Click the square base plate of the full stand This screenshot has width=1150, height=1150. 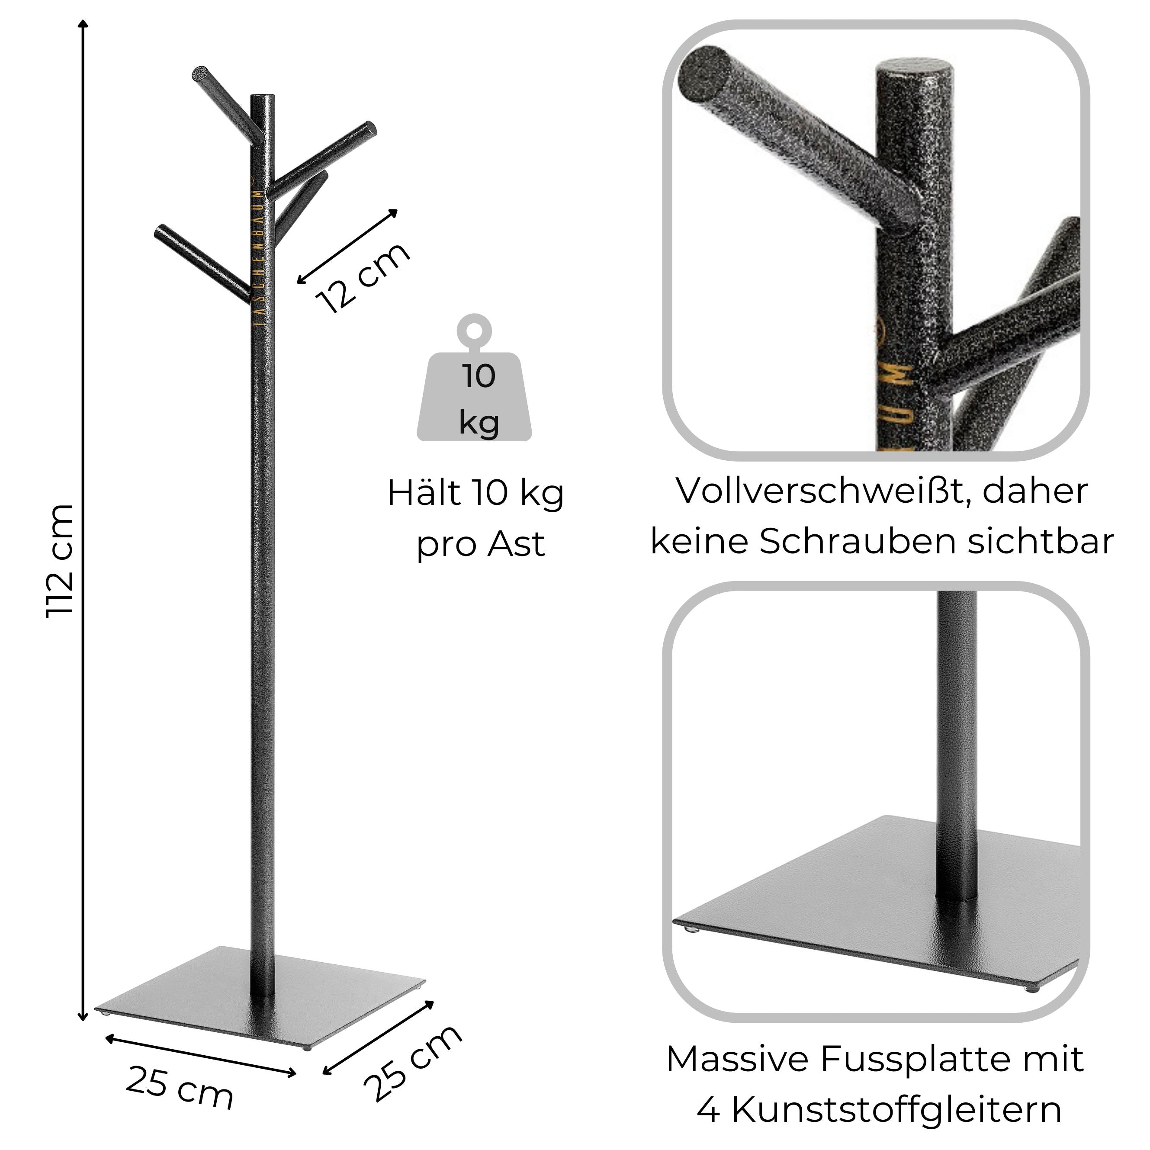pyautogui.click(x=260, y=995)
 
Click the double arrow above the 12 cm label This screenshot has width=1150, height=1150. pyautogui.click(x=347, y=246)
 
